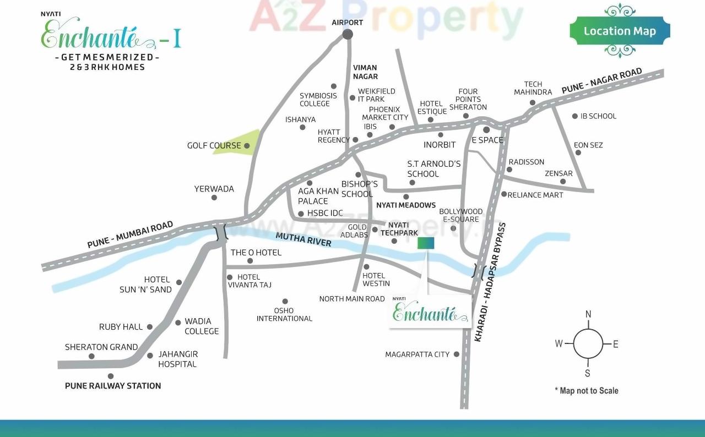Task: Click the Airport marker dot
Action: [348, 34]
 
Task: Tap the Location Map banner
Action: [620, 31]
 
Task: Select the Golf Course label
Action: [214, 145]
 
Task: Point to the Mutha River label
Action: [303, 239]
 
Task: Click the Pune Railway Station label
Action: [113, 386]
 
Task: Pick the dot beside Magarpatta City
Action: [456, 354]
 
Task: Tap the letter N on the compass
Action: [588, 314]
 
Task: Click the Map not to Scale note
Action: [587, 391]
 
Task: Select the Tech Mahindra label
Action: [533, 88]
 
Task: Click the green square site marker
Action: [426, 243]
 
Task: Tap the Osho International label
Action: [284, 314]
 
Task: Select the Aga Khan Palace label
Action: [318, 196]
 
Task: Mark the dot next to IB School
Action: [575, 116]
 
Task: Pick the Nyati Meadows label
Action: [406, 205]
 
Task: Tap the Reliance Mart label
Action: [535, 195]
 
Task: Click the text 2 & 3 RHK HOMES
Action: [107, 67]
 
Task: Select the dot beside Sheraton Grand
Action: [91, 356]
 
